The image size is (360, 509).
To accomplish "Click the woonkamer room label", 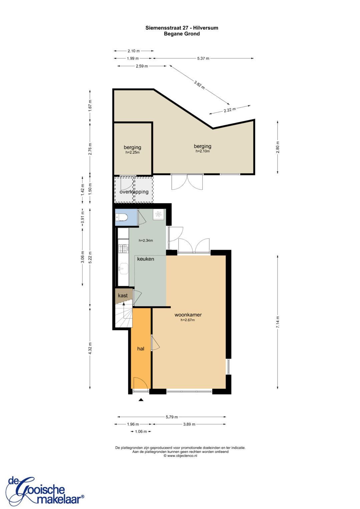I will (188, 315).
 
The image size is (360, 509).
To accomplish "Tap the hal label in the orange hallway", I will (141, 349).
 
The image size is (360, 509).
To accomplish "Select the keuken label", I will (146, 259).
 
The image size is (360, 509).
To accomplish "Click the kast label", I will (123, 295).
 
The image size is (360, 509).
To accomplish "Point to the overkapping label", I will (134, 192).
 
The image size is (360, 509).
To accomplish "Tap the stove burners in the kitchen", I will (124, 248).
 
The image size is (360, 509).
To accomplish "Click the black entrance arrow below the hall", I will (141, 399).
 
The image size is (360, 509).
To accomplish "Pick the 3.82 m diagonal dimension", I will (199, 85).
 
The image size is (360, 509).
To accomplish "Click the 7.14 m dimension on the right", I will (278, 322).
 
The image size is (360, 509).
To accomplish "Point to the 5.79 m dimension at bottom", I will (172, 417).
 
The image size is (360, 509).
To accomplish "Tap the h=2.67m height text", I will (188, 320).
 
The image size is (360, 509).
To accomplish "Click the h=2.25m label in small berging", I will (132, 152).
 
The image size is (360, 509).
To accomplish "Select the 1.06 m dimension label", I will (141, 431).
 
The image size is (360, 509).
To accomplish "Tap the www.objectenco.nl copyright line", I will (180, 456).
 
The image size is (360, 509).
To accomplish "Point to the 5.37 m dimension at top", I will (203, 58).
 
